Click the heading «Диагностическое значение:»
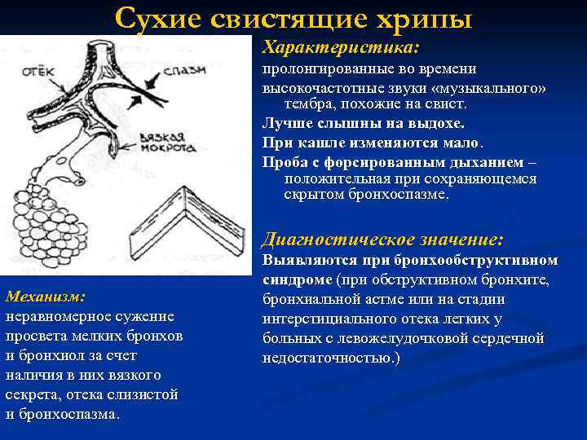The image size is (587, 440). pos(382,240)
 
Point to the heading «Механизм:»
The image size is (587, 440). pos(46,296)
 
